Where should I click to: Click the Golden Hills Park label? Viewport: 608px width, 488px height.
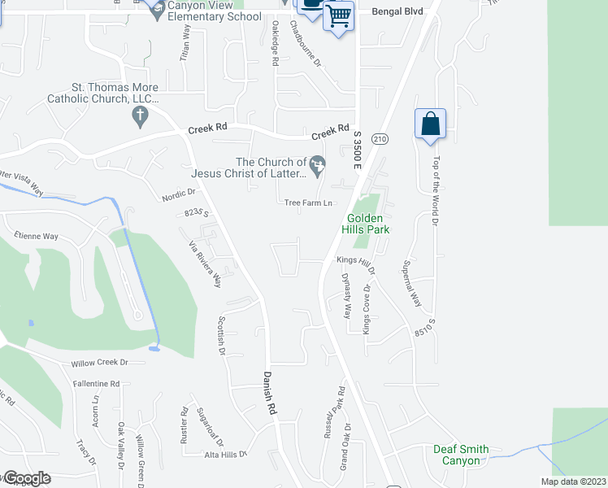(x=368, y=224)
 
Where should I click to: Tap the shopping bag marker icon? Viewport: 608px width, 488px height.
(x=429, y=124)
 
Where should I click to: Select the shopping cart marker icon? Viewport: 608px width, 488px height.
(x=338, y=15)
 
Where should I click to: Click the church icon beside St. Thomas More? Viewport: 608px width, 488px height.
(x=139, y=117)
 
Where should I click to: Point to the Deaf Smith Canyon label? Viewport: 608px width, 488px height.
(x=461, y=455)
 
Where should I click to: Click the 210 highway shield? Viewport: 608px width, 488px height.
(x=379, y=140)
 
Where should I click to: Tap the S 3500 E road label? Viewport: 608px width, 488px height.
(x=356, y=146)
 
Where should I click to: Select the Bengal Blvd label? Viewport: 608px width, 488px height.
(x=398, y=12)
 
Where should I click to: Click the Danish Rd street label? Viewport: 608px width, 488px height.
(x=268, y=394)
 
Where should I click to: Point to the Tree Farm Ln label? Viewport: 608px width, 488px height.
(x=309, y=203)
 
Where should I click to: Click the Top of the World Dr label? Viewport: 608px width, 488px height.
(x=436, y=190)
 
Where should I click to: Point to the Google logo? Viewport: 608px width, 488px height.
(x=27, y=478)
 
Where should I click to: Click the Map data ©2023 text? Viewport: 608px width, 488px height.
(x=573, y=481)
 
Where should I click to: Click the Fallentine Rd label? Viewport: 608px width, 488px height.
(x=96, y=383)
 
